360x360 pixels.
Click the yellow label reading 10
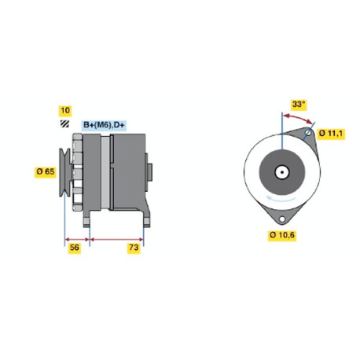click(x=65, y=111)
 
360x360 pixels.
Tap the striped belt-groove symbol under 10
click(x=64, y=123)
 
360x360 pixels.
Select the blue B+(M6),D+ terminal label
click(x=104, y=125)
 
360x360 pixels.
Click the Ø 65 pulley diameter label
click(x=46, y=172)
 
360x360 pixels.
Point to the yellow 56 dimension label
click(x=75, y=248)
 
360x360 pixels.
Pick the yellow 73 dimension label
click(x=134, y=248)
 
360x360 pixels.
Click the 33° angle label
click(x=299, y=105)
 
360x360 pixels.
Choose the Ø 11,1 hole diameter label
click(x=331, y=134)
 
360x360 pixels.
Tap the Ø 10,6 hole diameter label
click(x=282, y=235)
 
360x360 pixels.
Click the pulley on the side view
click(x=64, y=172)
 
